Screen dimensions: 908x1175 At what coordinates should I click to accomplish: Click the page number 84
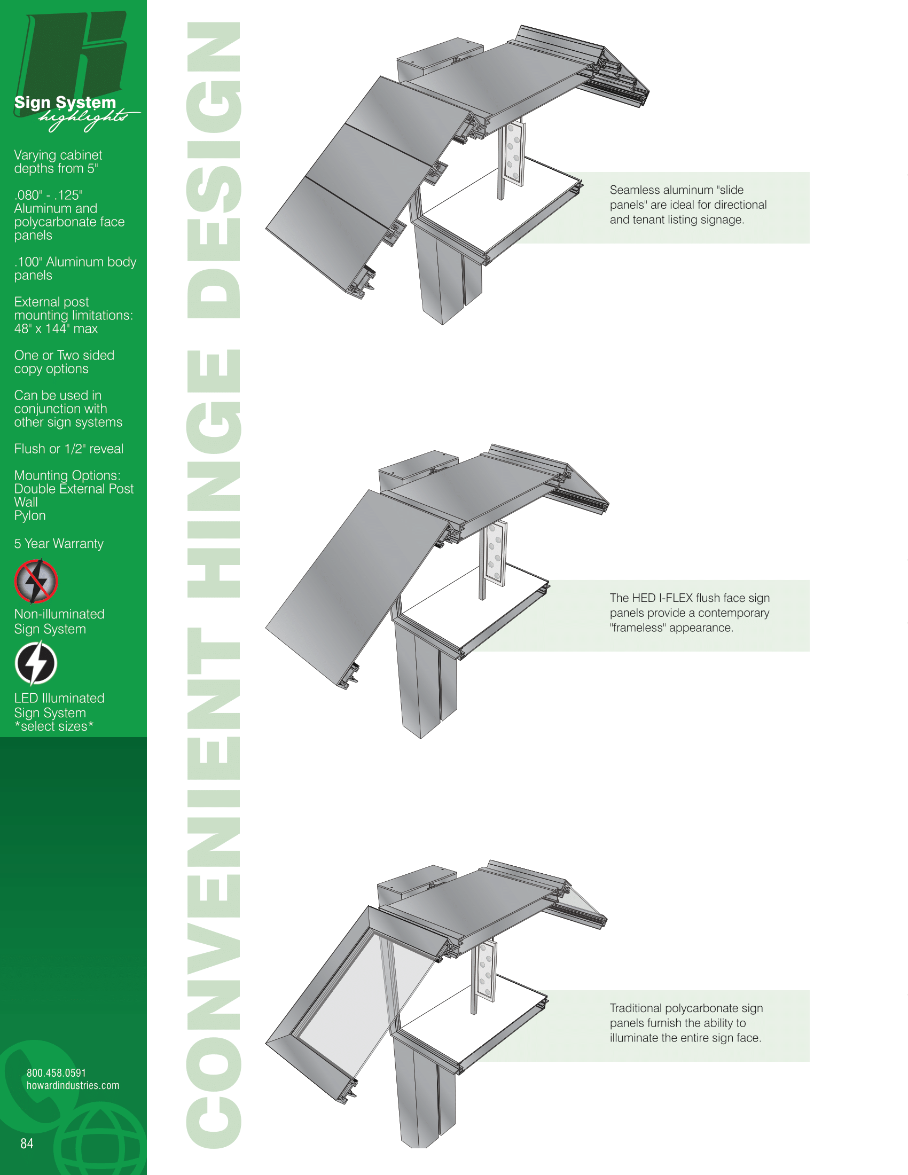click(x=27, y=1144)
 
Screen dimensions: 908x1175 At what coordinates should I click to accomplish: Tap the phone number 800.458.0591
click(x=57, y=1074)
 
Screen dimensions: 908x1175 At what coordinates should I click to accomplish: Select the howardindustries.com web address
click(x=73, y=1086)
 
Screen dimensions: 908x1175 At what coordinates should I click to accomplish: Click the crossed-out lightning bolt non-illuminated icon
click(x=36, y=581)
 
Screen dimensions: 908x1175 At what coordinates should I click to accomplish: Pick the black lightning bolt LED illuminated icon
click(x=36, y=663)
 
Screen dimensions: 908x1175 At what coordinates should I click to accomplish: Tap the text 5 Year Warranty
click(x=59, y=543)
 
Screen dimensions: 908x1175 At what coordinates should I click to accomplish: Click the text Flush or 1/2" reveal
click(x=69, y=449)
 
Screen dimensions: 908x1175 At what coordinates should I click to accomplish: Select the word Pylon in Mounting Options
click(x=30, y=516)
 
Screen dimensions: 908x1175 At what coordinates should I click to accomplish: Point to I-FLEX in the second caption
click(x=676, y=598)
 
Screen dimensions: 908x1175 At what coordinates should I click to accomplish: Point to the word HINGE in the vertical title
click(x=214, y=473)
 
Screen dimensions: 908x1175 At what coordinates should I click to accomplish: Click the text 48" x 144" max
click(x=56, y=328)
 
